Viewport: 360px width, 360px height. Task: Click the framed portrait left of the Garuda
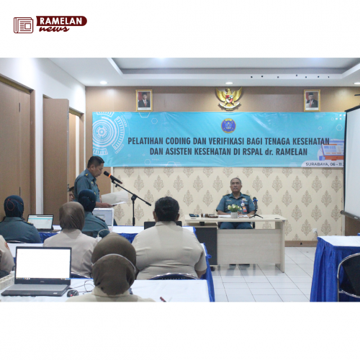point(144,100)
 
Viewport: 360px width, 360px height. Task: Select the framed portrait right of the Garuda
point(312,100)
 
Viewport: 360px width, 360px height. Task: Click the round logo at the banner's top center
point(228,125)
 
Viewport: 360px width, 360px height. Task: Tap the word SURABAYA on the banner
point(317,163)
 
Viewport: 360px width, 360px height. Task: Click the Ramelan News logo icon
point(23,25)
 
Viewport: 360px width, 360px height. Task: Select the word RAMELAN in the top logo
point(61,21)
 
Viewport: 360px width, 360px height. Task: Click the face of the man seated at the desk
point(235,186)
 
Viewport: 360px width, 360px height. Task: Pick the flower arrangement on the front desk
point(234,209)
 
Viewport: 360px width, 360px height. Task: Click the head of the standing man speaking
point(95,164)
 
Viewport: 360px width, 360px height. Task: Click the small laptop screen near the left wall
point(41,222)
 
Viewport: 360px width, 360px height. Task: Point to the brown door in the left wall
point(55,155)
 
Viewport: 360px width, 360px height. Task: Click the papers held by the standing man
point(114,197)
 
